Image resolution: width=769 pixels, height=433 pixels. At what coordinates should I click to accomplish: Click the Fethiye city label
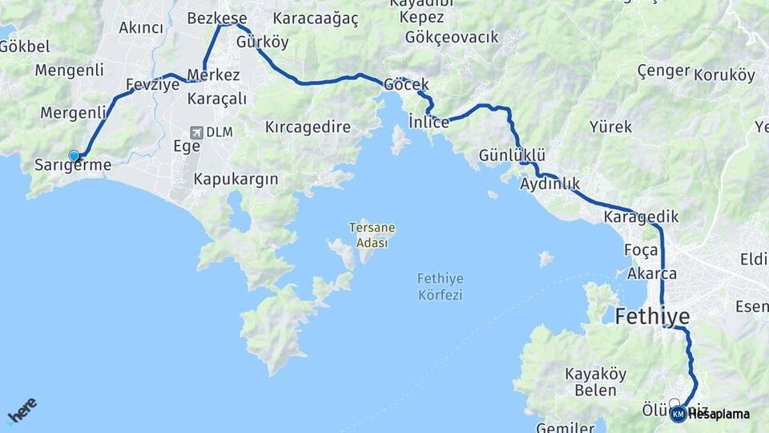[x=652, y=316]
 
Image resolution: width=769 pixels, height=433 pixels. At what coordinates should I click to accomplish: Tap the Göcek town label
[x=406, y=84]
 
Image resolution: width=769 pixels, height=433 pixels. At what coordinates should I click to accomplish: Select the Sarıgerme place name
[x=73, y=164]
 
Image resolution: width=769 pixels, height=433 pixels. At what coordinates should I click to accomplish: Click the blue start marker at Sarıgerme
[x=74, y=156]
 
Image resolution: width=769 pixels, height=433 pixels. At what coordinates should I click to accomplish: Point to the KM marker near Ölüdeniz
[x=678, y=414]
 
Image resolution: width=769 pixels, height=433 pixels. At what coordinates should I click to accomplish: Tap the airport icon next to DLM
[x=196, y=132]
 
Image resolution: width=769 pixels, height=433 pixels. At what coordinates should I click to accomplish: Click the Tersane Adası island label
[x=372, y=235]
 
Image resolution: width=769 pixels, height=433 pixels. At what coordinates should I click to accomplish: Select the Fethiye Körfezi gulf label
[x=441, y=286]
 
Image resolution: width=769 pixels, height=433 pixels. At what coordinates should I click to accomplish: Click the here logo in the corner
[x=22, y=411]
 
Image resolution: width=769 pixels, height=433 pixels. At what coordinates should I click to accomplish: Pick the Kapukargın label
[x=236, y=179]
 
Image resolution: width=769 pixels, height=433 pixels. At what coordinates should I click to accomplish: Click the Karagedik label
[x=641, y=216]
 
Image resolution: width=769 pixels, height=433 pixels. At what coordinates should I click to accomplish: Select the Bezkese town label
[x=216, y=18]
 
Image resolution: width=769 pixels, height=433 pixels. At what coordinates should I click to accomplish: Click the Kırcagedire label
[x=308, y=127]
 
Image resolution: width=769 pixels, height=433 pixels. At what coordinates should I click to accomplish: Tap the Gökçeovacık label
[x=452, y=37]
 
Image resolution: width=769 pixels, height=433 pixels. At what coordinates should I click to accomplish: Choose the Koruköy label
[x=724, y=75]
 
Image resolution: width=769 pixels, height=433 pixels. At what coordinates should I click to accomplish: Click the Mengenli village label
[x=69, y=70]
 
